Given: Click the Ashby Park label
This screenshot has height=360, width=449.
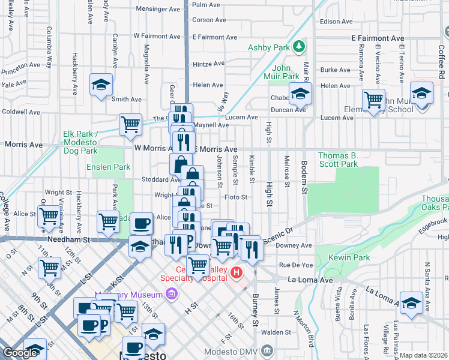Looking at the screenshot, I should (x=268, y=47).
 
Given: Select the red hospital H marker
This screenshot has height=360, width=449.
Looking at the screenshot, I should (x=237, y=274).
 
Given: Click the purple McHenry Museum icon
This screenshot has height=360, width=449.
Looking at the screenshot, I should (x=172, y=295).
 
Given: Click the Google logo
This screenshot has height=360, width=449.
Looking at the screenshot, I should (x=20, y=353).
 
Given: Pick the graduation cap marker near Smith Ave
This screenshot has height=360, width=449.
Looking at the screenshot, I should (x=101, y=86).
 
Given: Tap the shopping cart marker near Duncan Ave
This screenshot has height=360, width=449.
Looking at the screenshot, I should (x=373, y=100).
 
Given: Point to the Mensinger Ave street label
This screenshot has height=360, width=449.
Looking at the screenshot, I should (x=158, y=9).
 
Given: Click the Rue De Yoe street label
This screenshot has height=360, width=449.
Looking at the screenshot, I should (x=296, y=265).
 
